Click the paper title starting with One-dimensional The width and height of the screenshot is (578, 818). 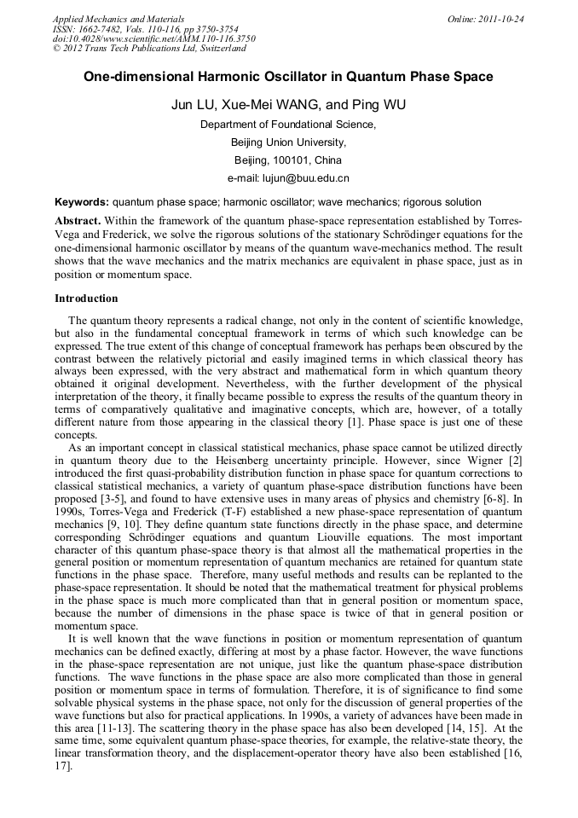pyautogui.click(x=288, y=77)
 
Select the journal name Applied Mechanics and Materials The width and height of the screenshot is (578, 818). pyautogui.click(x=118, y=19)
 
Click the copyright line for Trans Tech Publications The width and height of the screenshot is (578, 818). pyautogui.click(x=149, y=49)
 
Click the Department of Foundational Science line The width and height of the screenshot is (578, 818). pyautogui.click(x=288, y=125)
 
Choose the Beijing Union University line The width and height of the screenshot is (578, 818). pyautogui.click(x=288, y=142)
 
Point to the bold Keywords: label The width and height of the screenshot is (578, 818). pyautogui.click(x=81, y=203)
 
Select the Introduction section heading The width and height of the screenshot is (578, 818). pyautogui.click(x=86, y=299)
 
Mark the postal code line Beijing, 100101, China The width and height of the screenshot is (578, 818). pyautogui.click(x=288, y=160)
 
